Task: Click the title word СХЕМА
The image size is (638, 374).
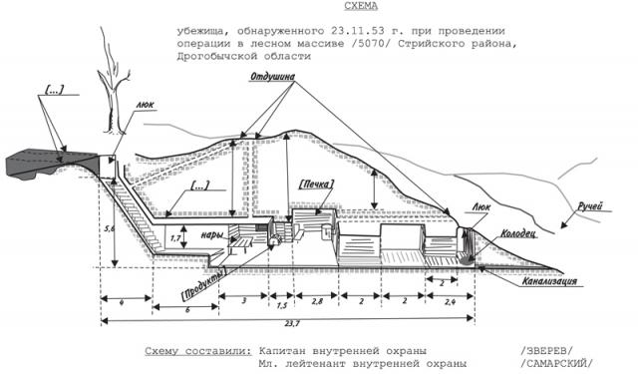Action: (361, 6)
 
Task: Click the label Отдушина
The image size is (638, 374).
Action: (272, 77)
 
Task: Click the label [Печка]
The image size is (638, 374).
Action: (316, 185)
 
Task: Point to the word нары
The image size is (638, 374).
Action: (212, 235)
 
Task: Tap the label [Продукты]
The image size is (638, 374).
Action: (202, 283)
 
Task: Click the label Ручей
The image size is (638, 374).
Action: (589, 206)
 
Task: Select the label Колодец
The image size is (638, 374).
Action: (518, 234)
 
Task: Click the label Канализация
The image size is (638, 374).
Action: (549, 281)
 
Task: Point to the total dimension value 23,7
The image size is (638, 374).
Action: (290, 324)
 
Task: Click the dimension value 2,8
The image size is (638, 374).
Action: (317, 301)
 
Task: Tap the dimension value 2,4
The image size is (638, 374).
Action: (450, 301)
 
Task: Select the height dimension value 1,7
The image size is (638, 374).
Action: (175, 238)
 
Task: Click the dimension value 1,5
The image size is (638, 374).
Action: (281, 305)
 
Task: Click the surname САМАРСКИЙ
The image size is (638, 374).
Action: (556, 363)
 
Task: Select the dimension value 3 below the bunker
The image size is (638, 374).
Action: (243, 301)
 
